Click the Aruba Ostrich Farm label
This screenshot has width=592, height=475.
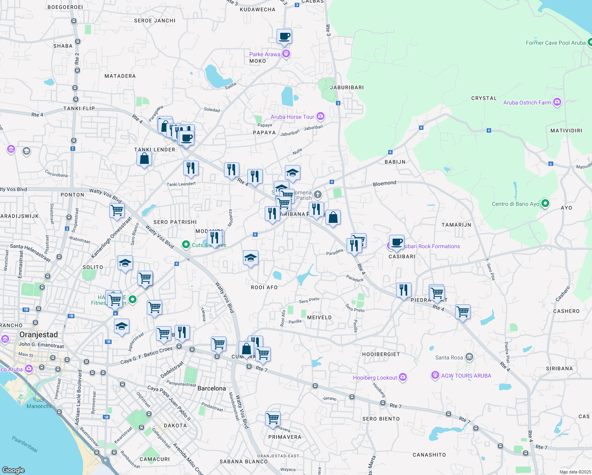(x=527, y=103)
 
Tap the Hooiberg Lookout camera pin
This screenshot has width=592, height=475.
(x=403, y=377)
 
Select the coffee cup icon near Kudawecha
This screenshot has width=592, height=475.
(x=285, y=36)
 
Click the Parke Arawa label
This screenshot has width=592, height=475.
(x=264, y=54)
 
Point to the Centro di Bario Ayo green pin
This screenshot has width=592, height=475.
(x=545, y=203)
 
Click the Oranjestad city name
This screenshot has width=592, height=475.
(x=38, y=334)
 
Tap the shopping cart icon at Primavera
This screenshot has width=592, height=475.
(x=273, y=418)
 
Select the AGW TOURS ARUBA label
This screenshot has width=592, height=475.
(x=466, y=376)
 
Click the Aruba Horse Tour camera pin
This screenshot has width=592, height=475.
(x=321, y=116)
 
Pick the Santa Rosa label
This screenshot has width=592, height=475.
(x=449, y=357)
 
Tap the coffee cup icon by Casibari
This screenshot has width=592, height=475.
(x=397, y=242)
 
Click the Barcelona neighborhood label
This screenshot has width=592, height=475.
(x=211, y=388)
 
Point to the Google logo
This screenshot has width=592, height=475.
(x=13, y=470)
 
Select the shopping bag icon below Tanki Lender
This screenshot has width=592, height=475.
(x=144, y=158)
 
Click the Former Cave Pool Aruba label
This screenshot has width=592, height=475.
(x=555, y=43)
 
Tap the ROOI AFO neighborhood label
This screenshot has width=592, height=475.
(x=264, y=287)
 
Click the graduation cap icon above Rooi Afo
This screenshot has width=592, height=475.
(x=250, y=258)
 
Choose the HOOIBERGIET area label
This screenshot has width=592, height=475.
(x=381, y=354)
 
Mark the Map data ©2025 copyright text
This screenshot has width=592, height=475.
(x=575, y=471)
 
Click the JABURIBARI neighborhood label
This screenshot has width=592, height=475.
(x=347, y=87)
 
